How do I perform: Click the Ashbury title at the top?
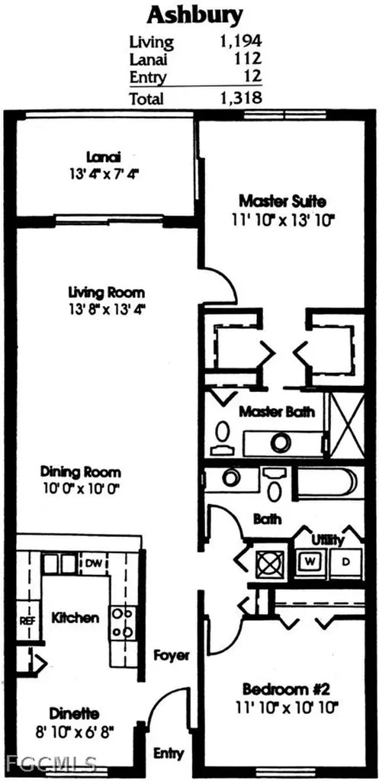click(195, 17)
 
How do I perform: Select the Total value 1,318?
click(240, 97)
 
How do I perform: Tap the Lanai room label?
click(103, 158)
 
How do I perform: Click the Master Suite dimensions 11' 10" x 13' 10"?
click(282, 219)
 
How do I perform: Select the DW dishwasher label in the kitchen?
click(93, 564)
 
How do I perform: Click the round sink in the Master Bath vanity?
click(282, 442)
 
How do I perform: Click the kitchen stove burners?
click(123, 622)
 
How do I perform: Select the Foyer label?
click(172, 655)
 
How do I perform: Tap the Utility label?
click(328, 539)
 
